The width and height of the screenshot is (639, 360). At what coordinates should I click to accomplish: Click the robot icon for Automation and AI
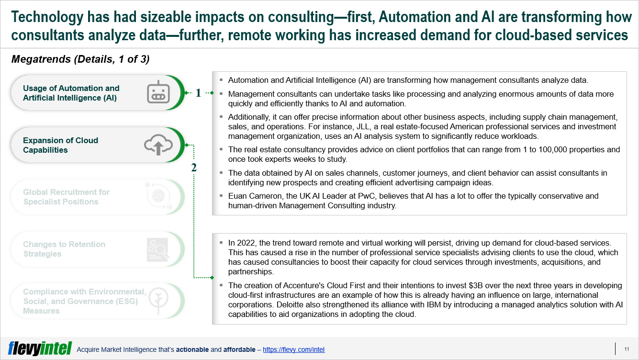coord(158,92)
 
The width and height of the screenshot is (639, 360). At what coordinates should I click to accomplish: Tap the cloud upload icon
coord(158,145)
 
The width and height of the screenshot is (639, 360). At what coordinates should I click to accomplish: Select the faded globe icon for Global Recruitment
coord(158,196)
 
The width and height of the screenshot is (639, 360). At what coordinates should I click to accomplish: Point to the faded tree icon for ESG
coord(158,301)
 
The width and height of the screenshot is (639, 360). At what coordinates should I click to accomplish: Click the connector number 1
coord(198,93)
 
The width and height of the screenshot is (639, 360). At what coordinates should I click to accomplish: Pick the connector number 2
coord(194,168)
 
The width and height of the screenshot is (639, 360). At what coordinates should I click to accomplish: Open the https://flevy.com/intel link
coord(293,349)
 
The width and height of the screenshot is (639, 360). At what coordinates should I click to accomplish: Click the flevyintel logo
coord(40,349)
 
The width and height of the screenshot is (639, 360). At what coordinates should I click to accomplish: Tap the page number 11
coord(627,349)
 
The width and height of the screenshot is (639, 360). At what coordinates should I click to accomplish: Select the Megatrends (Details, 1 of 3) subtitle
coord(80,59)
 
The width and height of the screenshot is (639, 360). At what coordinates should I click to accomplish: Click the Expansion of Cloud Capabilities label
coord(60,145)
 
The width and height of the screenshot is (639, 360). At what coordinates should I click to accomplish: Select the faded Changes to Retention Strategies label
coord(64,249)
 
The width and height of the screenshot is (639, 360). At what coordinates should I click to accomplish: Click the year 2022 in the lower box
coord(247,243)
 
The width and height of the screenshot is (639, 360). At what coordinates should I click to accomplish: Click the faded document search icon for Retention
coord(158,249)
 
